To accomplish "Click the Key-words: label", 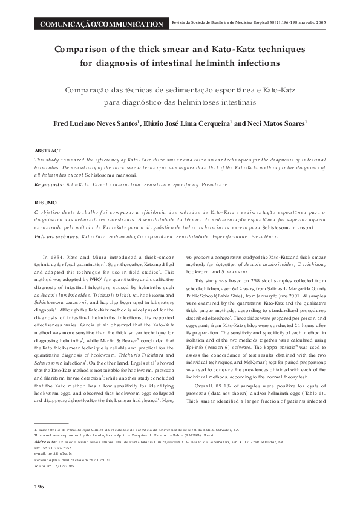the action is point(48,182).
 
